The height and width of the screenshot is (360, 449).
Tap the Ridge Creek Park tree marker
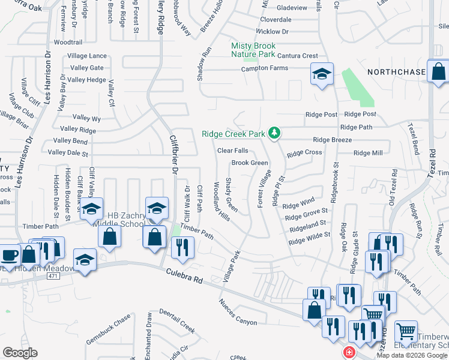coord(274,133)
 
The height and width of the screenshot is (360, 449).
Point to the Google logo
coord(20,352)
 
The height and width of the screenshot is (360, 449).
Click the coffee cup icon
coord(9,254)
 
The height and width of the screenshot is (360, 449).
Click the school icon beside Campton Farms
coord(322,74)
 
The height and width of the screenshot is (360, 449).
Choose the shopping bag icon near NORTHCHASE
coord(439,71)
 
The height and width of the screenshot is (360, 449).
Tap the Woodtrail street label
coord(68,43)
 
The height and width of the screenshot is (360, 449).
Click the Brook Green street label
coord(250,163)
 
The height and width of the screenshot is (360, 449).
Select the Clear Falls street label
coord(232,151)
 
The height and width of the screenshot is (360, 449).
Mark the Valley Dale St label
coord(68,153)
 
